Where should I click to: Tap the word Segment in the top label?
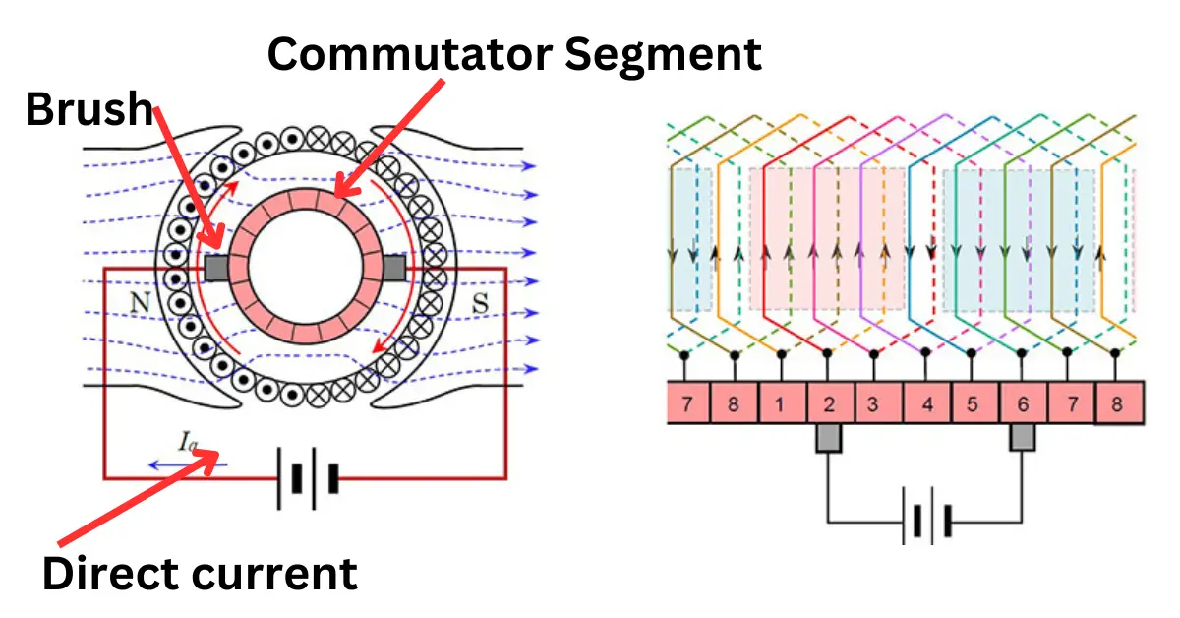point(664,53)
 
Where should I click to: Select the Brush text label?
point(88,109)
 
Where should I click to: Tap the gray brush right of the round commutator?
point(395,267)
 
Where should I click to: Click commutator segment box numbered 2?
point(829,403)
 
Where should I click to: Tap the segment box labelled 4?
point(924,403)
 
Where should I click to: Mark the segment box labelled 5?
point(972,403)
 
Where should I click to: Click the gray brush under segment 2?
point(829,439)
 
